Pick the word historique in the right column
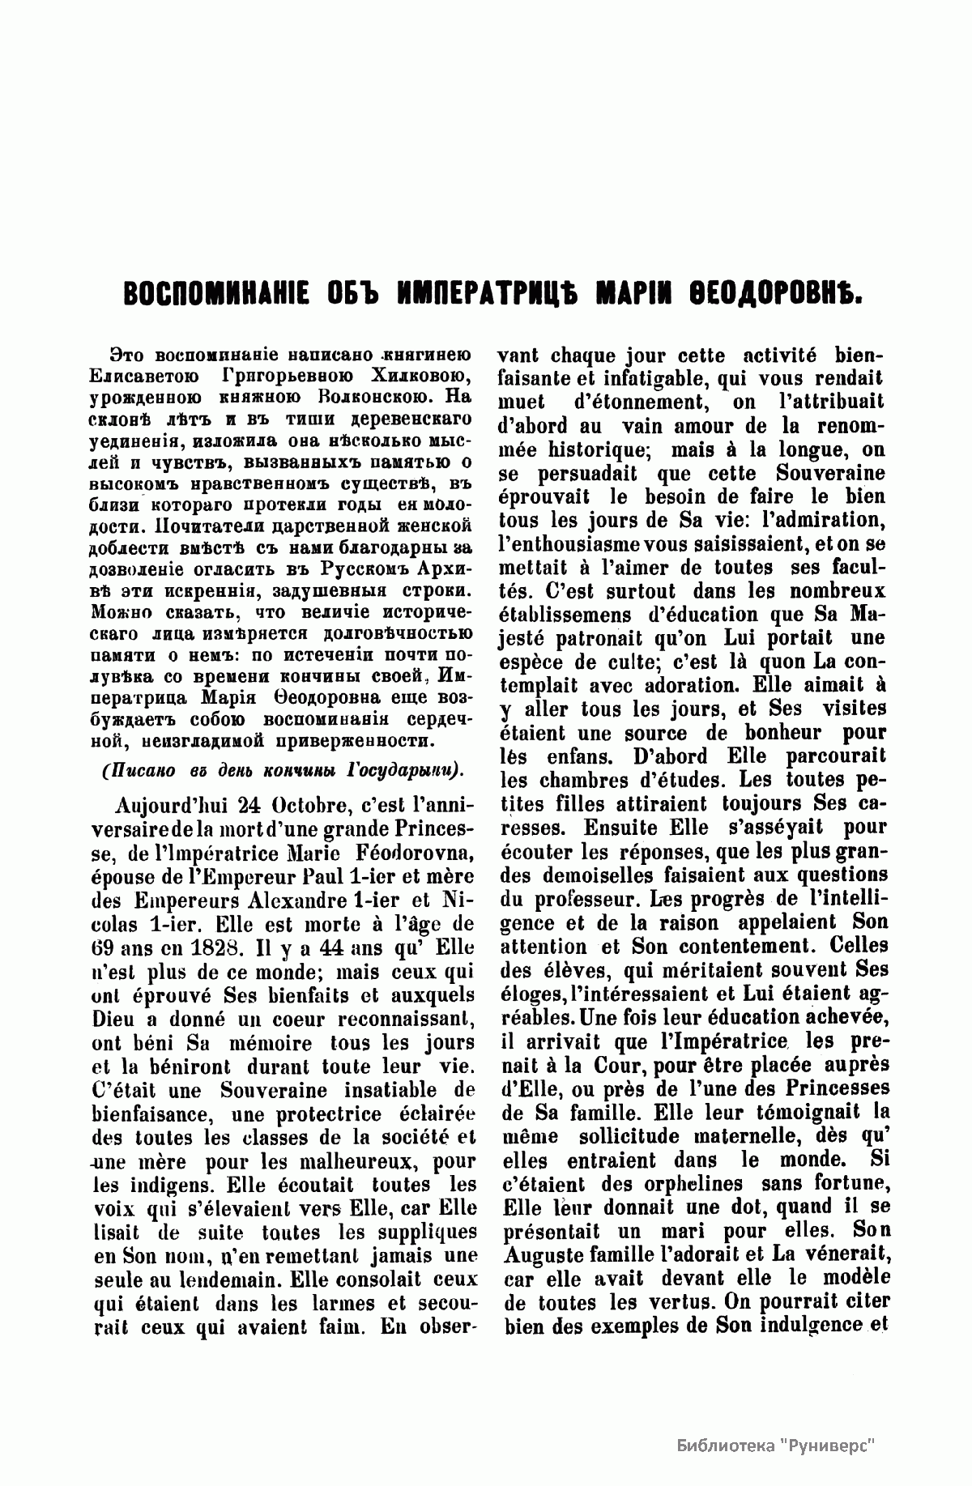[596, 449]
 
